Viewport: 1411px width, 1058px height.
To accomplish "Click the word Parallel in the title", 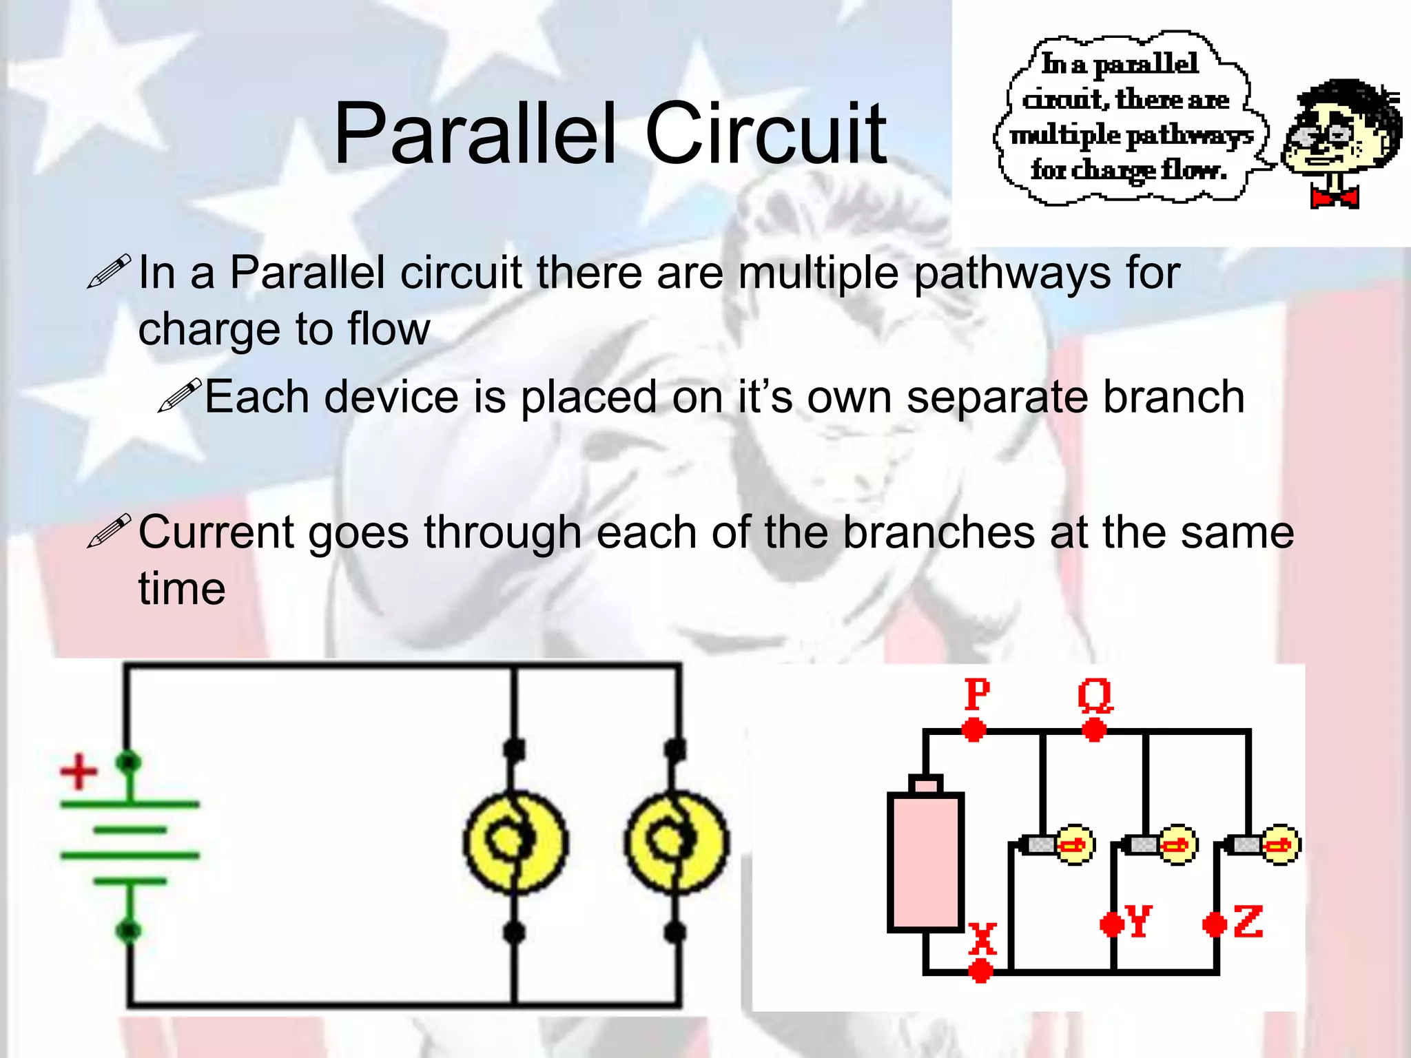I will coord(474,134).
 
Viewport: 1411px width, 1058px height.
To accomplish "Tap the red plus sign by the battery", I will coord(79,772).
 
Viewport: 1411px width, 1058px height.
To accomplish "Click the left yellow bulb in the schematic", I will coord(515,842).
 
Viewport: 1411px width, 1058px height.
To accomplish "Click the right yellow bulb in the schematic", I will coord(677,842).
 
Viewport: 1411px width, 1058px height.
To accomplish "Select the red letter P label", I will coord(977,694).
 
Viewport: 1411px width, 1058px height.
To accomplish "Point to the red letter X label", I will coord(982,938).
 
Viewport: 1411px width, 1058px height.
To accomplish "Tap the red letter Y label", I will coord(1138,921).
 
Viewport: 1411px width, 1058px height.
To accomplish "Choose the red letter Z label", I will coord(1248,922).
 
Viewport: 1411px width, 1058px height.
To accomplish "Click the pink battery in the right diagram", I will coord(925,861).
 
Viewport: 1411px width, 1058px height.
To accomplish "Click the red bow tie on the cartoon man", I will coord(1334,198).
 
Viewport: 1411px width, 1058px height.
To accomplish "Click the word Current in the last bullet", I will coord(216,533).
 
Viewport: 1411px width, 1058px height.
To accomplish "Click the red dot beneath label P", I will coord(974,729).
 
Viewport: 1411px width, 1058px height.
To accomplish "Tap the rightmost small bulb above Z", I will coord(1280,844).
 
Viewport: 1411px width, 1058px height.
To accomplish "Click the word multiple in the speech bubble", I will coord(1065,135).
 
